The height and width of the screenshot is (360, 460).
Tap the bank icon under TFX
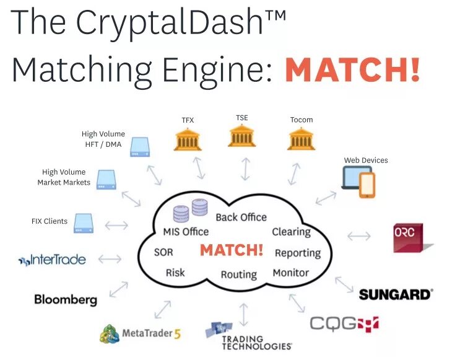[188, 139]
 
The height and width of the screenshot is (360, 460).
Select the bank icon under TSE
[242, 136]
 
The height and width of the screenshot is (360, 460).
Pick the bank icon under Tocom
[302, 139]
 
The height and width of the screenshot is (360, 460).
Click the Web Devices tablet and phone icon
[358, 182]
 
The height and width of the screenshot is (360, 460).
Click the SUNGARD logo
[396, 294]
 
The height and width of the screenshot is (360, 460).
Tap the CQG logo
[344, 323]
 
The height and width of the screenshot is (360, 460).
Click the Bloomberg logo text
[66, 300]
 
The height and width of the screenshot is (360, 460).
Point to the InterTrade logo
[52, 260]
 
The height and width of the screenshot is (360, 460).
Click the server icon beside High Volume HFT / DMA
[139, 147]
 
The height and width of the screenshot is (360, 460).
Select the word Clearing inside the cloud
[291, 232]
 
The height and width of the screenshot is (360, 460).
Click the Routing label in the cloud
[239, 274]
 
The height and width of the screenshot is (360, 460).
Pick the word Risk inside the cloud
[175, 273]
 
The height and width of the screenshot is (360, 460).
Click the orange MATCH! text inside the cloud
[232, 251]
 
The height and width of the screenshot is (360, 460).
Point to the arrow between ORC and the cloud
[359, 236]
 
